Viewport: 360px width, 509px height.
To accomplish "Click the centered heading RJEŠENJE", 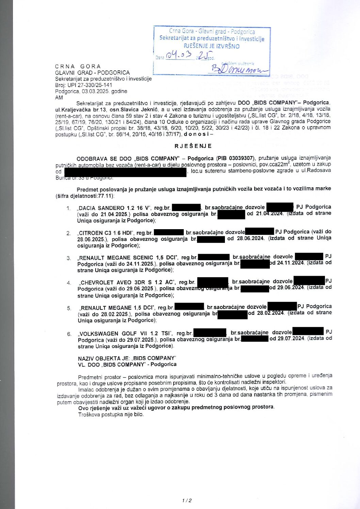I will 193,146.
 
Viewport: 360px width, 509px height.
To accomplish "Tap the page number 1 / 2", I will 186,500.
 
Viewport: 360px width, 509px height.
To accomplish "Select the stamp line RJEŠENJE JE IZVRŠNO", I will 212,46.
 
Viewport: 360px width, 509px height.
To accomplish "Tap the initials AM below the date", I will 59,97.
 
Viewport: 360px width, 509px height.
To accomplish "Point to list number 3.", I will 69,258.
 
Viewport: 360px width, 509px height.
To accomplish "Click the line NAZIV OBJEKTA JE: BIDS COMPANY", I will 127,358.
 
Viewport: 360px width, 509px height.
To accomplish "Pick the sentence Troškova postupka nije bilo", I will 111,414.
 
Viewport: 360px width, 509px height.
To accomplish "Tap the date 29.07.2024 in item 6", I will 287,338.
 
